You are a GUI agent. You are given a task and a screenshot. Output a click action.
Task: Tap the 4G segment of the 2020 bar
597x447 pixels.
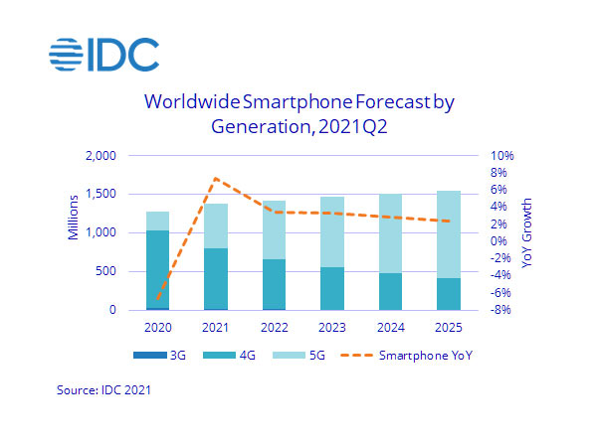click(157, 268)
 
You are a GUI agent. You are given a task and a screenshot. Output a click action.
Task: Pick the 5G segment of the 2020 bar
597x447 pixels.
click(157, 221)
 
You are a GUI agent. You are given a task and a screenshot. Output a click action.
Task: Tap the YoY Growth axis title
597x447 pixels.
click(529, 232)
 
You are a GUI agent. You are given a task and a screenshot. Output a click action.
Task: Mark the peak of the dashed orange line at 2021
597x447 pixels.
click(216, 179)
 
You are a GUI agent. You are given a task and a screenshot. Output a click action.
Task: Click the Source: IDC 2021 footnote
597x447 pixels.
click(102, 391)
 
